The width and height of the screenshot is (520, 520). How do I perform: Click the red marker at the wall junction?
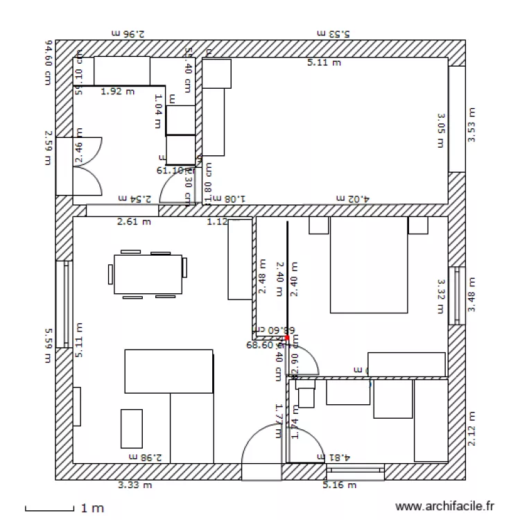pos(286,338)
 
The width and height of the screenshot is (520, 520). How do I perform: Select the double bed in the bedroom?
pos(369,266)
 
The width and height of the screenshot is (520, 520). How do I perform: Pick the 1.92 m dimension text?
pos(117,91)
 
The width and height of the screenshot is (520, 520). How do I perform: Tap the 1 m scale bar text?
pos(92,508)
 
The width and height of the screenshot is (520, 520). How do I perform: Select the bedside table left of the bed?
pos(318,226)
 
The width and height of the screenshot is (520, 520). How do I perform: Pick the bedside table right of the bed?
pos(418,226)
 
